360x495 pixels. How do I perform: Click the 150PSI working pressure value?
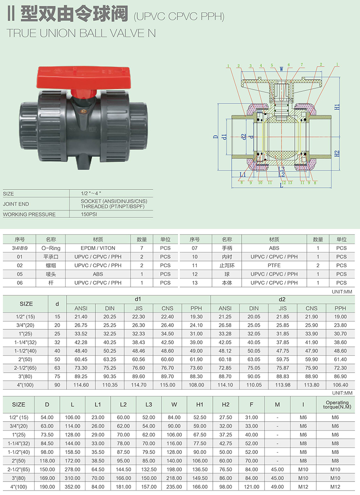click(x=89, y=214)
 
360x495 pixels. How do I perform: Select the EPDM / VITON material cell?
click(x=98, y=248)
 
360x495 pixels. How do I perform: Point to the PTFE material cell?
click(x=274, y=265)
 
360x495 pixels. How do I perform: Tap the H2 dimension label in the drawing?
click(x=337, y=153)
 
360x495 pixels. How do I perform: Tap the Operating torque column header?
click(x=337, y=405)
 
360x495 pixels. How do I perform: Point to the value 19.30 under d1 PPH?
click(x=196, y=317)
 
